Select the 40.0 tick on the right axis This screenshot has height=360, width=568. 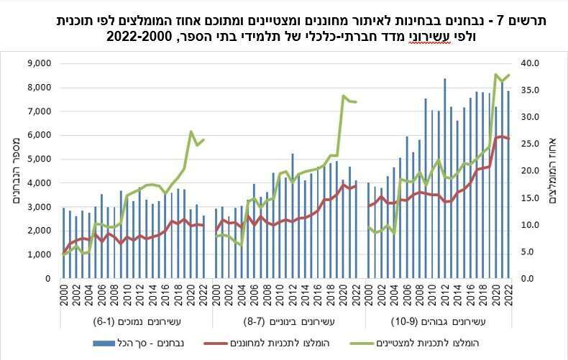(x=530, y=63)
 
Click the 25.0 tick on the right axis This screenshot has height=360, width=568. (x=530, y=144)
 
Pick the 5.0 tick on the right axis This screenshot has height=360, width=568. (x=530, y=251)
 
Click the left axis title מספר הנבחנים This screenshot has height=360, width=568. (x=15, y=170)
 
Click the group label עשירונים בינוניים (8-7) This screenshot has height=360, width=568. (x=288, y=322)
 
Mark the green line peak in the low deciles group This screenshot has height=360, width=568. (x=191, y=131)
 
